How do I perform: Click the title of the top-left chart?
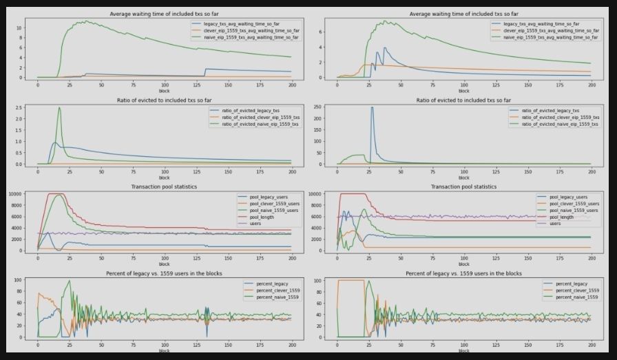click(164, 14)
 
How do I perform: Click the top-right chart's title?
click(463, 14)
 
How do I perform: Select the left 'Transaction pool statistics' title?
click(164, 187)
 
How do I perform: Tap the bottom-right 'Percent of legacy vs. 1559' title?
click(463, 273)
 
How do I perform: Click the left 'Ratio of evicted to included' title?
click(164, 100)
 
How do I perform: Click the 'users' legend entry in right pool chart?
click(554, 222)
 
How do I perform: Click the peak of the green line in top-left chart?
click(85, 21)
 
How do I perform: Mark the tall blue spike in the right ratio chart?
click(373, 107)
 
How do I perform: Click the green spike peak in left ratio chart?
click(59, 107)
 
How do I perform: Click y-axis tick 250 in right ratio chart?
click(319, 107)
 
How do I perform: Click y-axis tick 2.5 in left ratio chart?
click(20, 107)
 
